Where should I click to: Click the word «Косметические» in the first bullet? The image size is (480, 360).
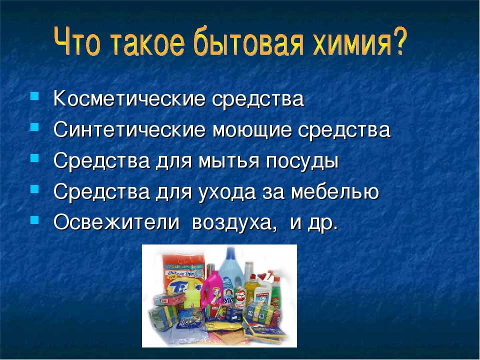129,98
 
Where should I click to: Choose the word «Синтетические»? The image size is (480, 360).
129,129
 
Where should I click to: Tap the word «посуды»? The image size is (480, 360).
302,161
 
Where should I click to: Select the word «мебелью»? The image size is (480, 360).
335,191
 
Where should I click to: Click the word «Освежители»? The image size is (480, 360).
116,221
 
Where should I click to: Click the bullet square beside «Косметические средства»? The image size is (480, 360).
35,96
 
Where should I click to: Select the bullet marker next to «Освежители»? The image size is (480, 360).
35,219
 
